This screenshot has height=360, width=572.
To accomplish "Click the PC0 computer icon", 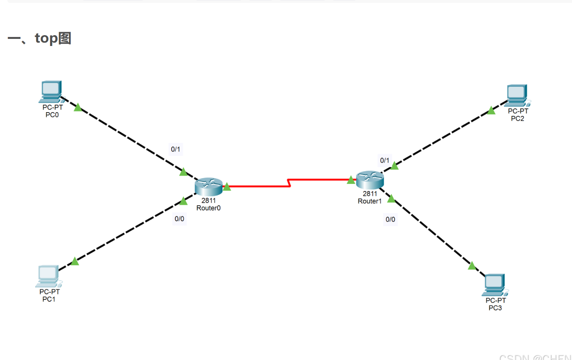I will click(51, 91).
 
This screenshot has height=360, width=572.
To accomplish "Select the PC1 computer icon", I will click(48, 276).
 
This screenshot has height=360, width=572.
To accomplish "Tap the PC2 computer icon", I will click(517, 95).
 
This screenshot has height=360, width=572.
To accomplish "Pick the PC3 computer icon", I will click(495, 284).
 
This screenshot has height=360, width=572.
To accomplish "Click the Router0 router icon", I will click(209, 187).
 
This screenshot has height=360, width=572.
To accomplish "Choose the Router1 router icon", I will click(370, 180).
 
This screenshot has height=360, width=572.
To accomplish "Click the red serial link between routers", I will click(258, 186).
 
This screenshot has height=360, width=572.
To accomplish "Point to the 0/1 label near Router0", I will click(175, 149).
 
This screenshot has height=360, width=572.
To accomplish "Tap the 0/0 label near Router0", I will click(179, 219).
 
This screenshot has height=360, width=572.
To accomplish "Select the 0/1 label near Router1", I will click(384, 160).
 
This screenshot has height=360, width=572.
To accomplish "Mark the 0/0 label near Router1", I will click(390, 219).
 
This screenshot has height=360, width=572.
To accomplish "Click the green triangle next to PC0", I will click(78, 108).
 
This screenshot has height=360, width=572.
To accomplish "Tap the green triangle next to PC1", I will click(75, 261).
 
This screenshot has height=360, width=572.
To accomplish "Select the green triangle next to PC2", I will click(491, 111).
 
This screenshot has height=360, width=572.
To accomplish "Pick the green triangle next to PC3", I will click(472, 266).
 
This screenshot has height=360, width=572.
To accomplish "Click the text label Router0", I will click(208, 208).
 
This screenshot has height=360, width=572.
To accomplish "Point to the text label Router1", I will click(369, 201).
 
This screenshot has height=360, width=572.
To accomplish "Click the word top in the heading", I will click(46, 38).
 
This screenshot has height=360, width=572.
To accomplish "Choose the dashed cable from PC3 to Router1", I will click(430, 230).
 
